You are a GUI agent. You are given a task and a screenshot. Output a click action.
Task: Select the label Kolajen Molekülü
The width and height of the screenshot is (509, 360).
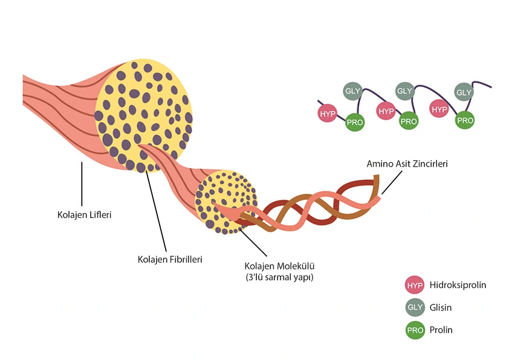pos(280,266)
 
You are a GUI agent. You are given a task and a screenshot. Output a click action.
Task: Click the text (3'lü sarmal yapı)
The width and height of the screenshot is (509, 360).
pos(279,277)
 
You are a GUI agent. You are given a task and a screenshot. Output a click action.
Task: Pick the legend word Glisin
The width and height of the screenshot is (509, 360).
pos(441,307)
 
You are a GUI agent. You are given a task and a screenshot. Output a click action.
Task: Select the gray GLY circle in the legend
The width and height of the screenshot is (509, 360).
pos(415,307)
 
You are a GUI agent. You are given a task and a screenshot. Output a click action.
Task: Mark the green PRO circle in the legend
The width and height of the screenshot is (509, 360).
pos(415,330)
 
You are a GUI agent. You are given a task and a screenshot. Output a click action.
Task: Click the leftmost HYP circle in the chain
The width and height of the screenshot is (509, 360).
pos(327,113)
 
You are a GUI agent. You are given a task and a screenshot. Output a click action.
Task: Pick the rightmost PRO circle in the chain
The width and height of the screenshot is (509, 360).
pos(465,120)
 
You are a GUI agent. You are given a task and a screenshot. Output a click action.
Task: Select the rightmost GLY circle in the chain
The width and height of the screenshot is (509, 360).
pos(464,92)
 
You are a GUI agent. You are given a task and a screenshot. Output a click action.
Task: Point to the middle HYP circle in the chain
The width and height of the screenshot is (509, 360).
pos(385,111)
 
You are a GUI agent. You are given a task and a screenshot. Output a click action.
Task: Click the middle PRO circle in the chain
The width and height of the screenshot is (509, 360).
pos(409,121)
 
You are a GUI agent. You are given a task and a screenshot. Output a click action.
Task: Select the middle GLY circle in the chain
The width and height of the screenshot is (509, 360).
pos(404,91)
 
